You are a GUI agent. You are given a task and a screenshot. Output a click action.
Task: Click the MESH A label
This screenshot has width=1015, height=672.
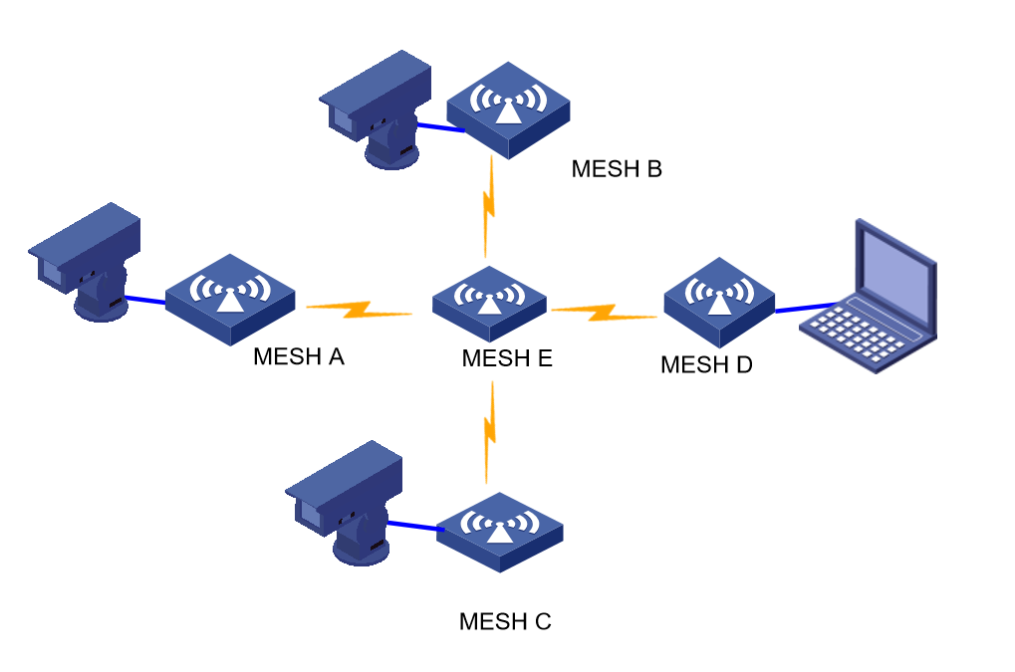(299, 355)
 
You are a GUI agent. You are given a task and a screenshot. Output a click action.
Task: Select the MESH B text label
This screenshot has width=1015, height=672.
(617, 168)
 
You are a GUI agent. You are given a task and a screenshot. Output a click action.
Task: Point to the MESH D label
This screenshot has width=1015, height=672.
(706, 364)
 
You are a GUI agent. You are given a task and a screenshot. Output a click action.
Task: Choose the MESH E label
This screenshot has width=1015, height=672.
(507, 358)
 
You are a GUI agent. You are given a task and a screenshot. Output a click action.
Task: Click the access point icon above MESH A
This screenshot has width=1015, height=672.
(230, 297)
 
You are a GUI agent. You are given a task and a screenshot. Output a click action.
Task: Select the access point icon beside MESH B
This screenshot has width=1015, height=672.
(508, 108)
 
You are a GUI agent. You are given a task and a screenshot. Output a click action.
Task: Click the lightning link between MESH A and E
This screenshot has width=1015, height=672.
(359, 311)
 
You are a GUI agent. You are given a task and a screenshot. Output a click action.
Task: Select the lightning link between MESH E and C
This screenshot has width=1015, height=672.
(489, 431)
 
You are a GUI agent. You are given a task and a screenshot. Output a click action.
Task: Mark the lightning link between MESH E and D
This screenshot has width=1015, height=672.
(604, 313)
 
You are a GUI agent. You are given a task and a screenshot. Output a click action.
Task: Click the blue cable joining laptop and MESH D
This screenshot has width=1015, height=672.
(805, 308)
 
